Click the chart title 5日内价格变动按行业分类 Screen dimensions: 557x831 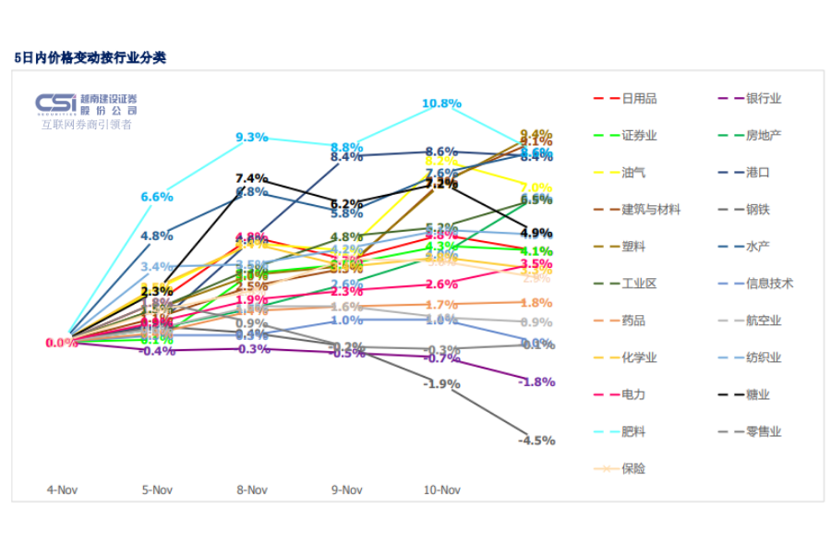pos(90,57)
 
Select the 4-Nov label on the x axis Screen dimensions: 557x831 pos(61,490)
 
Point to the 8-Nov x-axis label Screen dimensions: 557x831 pos(251,490)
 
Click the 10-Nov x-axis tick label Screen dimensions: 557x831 pos(441,490)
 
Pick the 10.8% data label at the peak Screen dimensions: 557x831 pos(441,103)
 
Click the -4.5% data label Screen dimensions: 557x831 pos(536,441)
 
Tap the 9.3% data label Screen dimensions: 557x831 pos(251,138)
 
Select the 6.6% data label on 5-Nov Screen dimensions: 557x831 pos(157,197)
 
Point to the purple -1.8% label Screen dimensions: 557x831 pos(536,381)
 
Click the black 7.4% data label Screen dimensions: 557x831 pos(251,178)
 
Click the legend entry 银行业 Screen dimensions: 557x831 pos(763,98)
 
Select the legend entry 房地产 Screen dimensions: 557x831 pos(763,135)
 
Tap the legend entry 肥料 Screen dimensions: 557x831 pos(633,431)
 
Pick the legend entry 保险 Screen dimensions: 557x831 pos(633,468)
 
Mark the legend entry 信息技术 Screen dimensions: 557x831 pos(769,284)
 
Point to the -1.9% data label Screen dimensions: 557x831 pos(441,383)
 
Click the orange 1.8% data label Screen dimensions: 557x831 pos(536,303)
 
